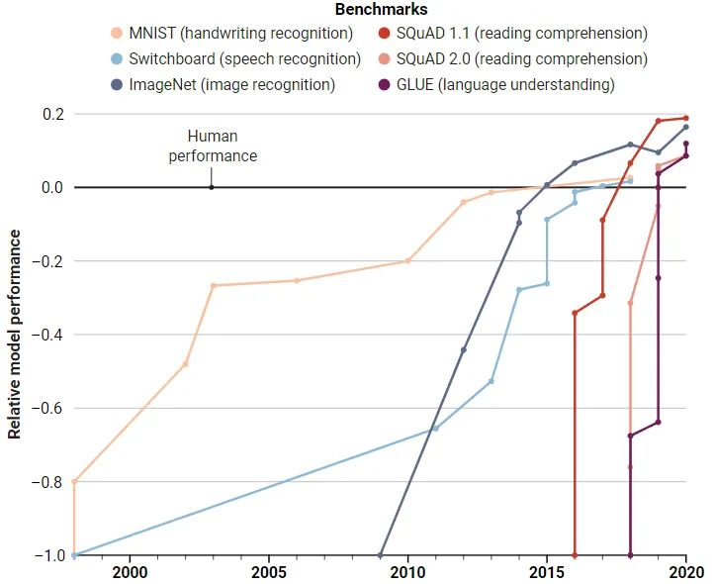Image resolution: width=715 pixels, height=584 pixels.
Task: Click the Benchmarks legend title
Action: point(367,11)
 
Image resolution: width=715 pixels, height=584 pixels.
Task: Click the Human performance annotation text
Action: point(212,146)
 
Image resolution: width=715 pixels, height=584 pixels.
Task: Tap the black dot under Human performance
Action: point(211,187)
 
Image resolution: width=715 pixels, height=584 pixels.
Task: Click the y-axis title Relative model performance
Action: point(15,333)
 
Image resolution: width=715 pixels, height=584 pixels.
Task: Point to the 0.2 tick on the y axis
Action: point(52,114)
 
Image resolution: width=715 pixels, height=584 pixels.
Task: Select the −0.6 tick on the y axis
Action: point(46,408)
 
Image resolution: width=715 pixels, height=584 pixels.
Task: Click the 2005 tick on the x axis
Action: point(269,571)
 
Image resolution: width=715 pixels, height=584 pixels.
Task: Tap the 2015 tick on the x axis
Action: point(547,571)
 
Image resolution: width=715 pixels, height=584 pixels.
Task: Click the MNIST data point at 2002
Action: point(185,364)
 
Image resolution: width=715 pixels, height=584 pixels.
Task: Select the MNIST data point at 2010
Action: point(407,260)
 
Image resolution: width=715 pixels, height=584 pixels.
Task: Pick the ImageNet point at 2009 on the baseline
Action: point(381,555)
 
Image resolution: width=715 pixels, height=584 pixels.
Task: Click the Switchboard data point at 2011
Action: point(436,428)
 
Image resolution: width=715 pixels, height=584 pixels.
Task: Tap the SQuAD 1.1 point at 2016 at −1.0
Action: point(575,555)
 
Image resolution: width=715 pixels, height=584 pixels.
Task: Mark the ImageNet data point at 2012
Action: point(464,349)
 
